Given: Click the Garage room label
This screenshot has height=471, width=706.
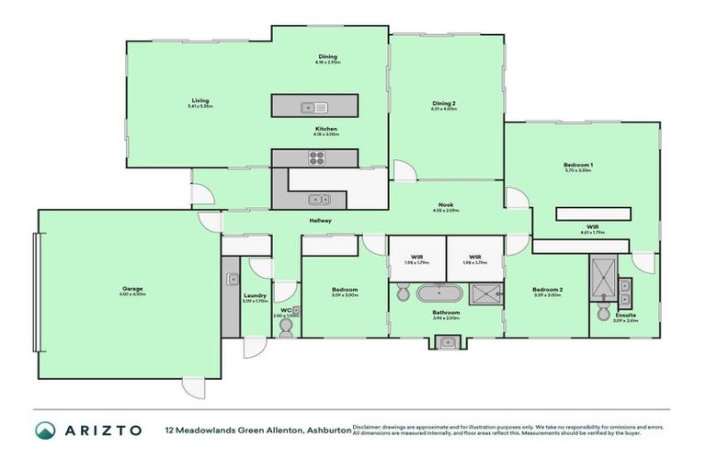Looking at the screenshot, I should pyautogui.click(x=131, y=289).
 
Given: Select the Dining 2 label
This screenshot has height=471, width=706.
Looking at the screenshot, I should pyautogui.click(x=445, y=103).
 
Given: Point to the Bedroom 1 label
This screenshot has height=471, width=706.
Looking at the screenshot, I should pyautogui.click(x=578, y=166).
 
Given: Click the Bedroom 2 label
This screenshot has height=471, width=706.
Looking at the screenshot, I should pyautogui.click(x=547, y=290).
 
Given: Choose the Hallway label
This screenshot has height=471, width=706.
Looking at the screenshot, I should pyautogui.click(x=320, y=221).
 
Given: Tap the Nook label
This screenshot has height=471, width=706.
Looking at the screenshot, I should pyautogui.click(x=445, y=207).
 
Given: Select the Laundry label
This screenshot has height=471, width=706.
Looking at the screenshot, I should pyautogui.click(x=255, y=295).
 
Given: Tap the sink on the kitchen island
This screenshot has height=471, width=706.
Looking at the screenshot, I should pyautogui.click(x=307, y=107).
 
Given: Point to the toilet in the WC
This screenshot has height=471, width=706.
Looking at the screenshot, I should pyautogui.click(x=285, y=327).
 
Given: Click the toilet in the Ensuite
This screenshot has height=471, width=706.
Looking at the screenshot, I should pyautogui.click(x=603, y=314).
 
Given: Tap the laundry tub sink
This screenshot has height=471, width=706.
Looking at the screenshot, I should pyautogui.click(x=233, y=279).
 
